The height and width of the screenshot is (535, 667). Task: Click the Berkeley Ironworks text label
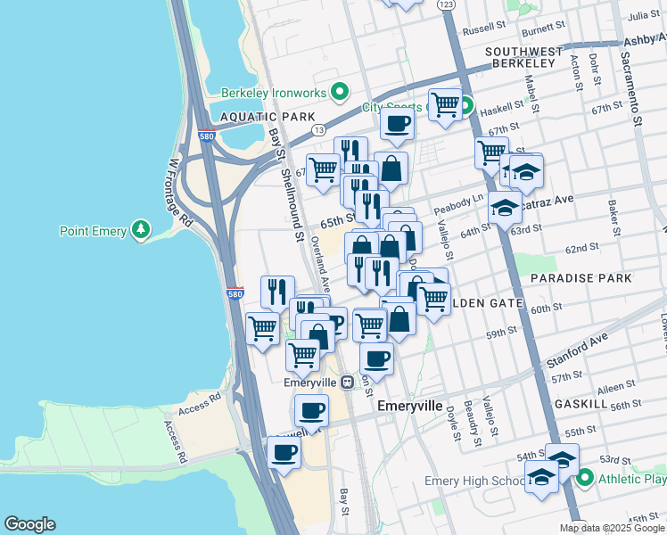[274, 91]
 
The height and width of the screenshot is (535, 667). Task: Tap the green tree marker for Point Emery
[140, 232]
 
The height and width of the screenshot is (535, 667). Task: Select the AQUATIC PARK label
[255, 117]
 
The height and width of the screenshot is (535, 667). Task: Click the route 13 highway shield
[318, 130]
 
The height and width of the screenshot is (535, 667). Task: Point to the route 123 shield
[448, 5]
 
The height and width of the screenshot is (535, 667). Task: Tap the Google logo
[29, 524]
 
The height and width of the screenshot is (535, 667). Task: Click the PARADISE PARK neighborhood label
[581, 278]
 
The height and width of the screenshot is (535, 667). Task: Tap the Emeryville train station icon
[347, 383]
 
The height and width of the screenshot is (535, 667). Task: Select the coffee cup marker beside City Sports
[398, 122]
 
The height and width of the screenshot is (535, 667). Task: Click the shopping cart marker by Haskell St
[445, 104]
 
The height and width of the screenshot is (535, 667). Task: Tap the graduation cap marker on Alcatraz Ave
[505, 208]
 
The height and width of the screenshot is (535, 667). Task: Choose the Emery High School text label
[474, 481]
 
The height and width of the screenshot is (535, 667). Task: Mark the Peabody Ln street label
[459, 204]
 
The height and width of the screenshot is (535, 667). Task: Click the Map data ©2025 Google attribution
[613, 528]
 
